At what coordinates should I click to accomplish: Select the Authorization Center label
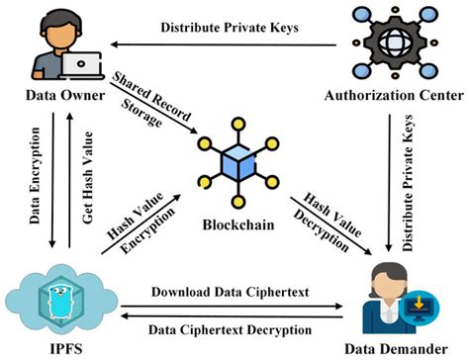point(395,96)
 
